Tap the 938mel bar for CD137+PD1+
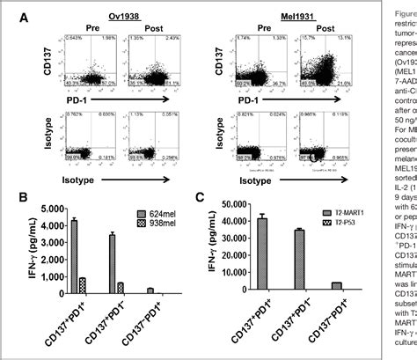tap(82, 261)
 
